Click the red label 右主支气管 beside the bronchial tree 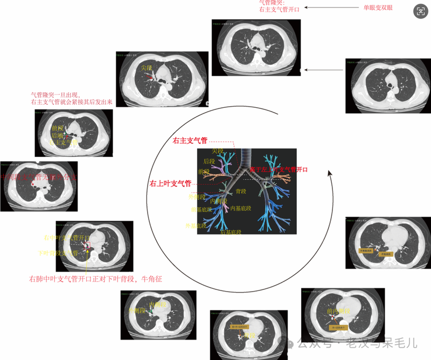tap(190, 141)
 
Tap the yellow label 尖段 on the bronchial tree tap(217, 151)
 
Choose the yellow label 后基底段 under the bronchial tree tap(231, 232)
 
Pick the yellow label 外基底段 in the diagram tap(196, 225)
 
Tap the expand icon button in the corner tap(420, 11)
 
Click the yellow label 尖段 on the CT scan tap(147, 68)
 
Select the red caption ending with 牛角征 tap(96, 279)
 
